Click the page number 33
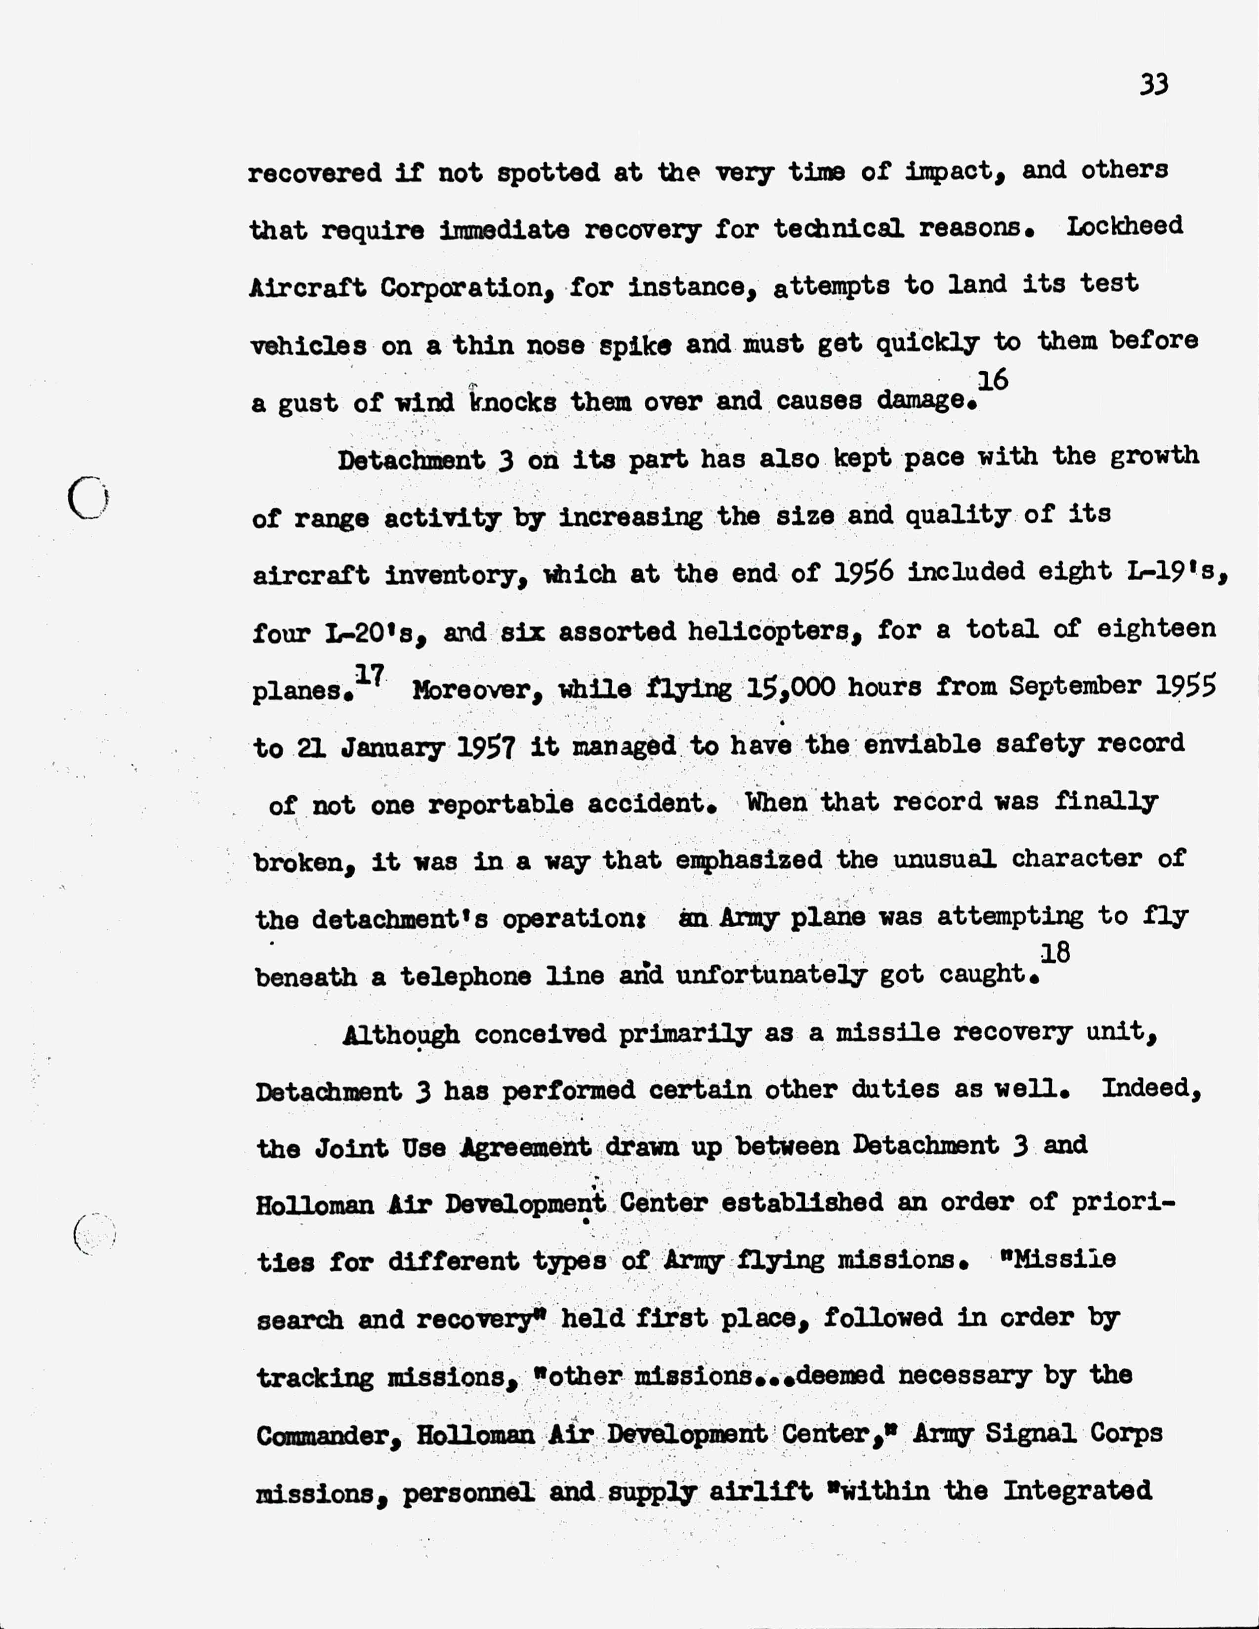pyautogui.click(x=1154, y=85)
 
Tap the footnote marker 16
pyautogui.click(x=992, y=381)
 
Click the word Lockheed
pyautogui.click(x=1124, y=226)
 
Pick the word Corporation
pyautogui.click(x=462, y=287)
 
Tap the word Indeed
pyautogui.click(x=1151, y=1089)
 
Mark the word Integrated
pyautogui.click(x=1077, y=1491)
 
